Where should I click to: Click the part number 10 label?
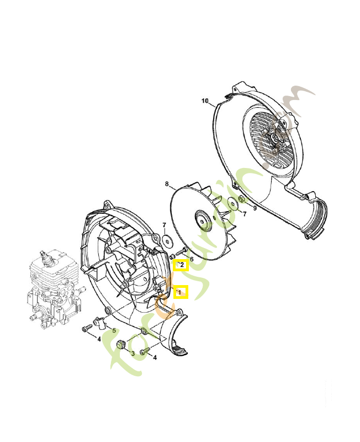click(205, 101)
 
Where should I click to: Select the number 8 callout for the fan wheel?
click(166, 183)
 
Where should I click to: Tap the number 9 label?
click(255, 208)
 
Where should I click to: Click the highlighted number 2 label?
click(181, 265)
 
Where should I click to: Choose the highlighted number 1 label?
click(181, 292)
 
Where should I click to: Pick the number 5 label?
click(114, 330)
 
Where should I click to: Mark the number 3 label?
click(133, 353)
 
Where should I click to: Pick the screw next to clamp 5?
click(86, 329)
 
